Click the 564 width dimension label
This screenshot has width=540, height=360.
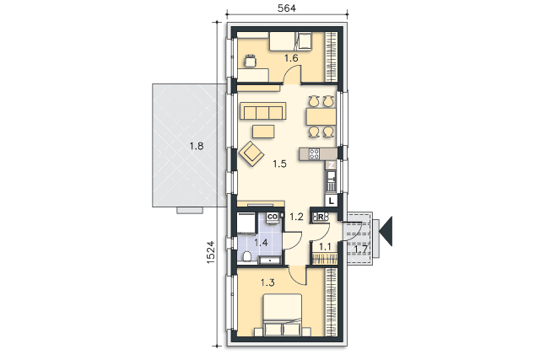[287, 8]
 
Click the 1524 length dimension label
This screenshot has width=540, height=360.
[210, 252]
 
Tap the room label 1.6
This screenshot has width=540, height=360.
[291, 58]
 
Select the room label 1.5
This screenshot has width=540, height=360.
[279, 164]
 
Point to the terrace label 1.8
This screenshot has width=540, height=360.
[197, 146]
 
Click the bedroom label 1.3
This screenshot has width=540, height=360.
[267, 283]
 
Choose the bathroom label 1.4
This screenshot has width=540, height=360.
[261, 243]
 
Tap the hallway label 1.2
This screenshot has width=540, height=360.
[296, 217]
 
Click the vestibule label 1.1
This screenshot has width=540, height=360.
[325, 247]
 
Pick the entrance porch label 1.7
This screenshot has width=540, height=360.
[360, 249]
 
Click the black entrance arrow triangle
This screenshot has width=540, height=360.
[386, 231]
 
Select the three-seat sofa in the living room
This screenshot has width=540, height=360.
[263, 110]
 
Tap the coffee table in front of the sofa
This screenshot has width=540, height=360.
[263, 132]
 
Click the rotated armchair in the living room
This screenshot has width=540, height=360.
[251, 153]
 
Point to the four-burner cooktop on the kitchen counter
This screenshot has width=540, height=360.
[314, 153]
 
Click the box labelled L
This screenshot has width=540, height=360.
[331, 201]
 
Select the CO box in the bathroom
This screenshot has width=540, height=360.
[273, 217]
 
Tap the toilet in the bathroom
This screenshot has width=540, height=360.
[246, 257]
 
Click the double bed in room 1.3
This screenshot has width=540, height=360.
[283, 314]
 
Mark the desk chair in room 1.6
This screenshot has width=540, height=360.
[251, 61]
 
